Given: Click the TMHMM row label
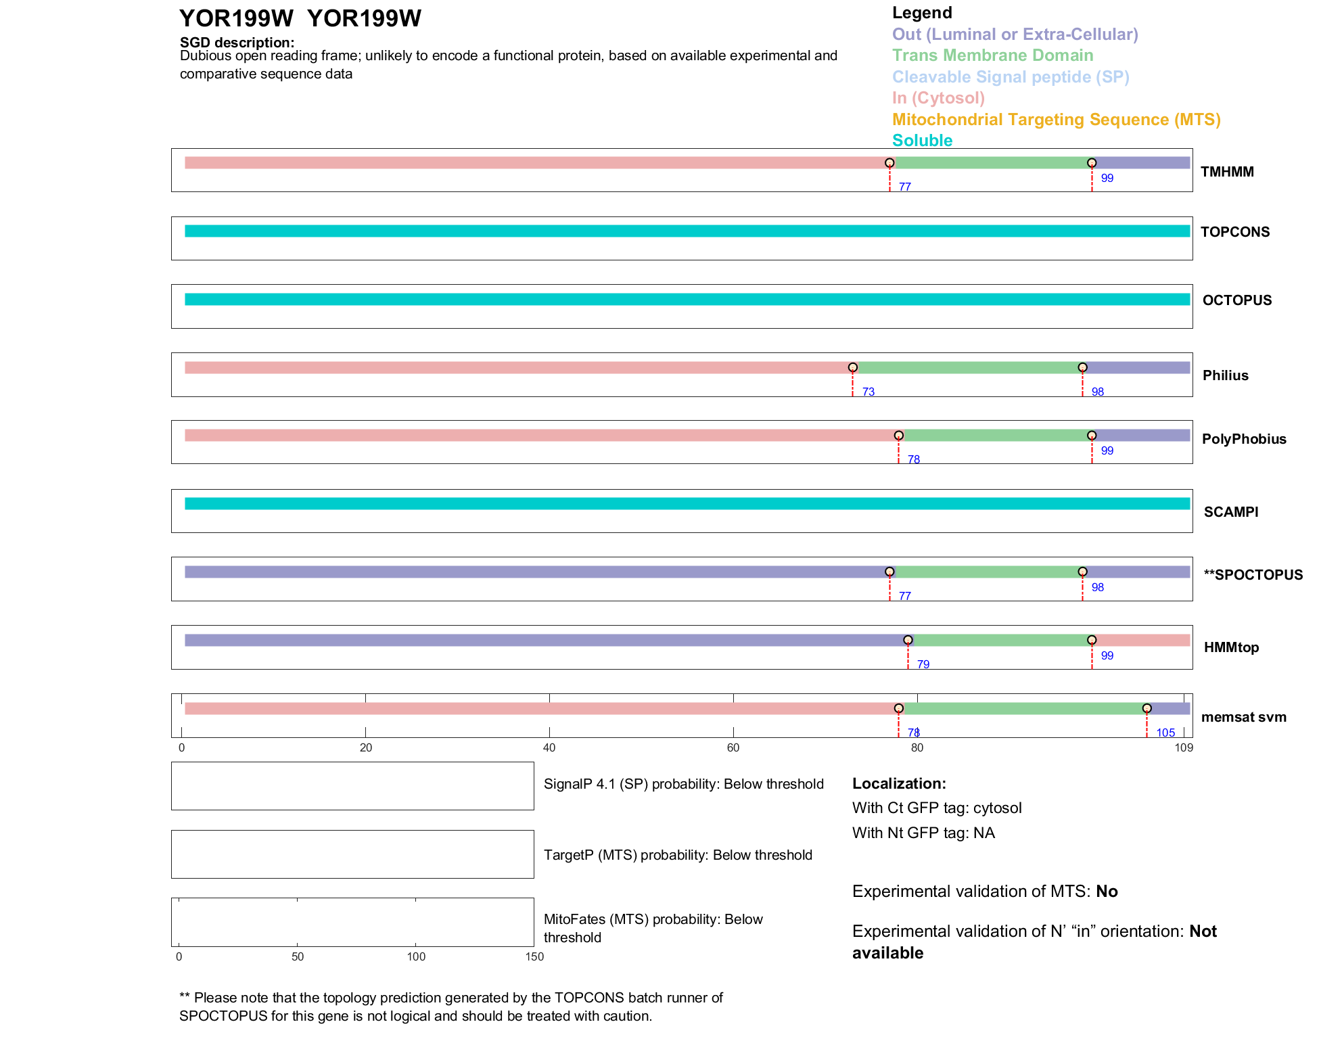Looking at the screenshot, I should [1227, 172].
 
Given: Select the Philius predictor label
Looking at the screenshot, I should [1225, 375].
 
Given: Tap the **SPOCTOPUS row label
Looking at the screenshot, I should [1253, 575].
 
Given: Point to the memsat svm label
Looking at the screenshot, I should [1243, 717].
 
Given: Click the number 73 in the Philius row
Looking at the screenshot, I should [868, 392].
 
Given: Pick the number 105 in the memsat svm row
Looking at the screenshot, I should [1165, 733].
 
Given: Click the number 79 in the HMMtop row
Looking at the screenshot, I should [923, 664].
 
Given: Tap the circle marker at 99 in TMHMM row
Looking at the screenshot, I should [1091, 163].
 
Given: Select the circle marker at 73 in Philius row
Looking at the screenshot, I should [852, 367].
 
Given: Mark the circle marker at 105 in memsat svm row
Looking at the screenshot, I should [1147, 708].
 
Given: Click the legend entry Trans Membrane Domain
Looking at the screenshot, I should [992, 55].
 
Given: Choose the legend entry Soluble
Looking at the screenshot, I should [922, 141].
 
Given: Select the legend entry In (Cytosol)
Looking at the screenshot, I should [938, 98].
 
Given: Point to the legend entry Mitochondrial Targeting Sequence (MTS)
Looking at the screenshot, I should [1056, 120].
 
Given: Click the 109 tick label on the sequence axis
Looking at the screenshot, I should [1184, 747].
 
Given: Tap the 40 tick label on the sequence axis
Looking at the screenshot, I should [549, 747].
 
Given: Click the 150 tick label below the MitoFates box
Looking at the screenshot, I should [534, 956].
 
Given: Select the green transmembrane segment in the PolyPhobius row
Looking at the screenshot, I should [994, 436].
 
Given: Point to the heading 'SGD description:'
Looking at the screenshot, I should [237, 43].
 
